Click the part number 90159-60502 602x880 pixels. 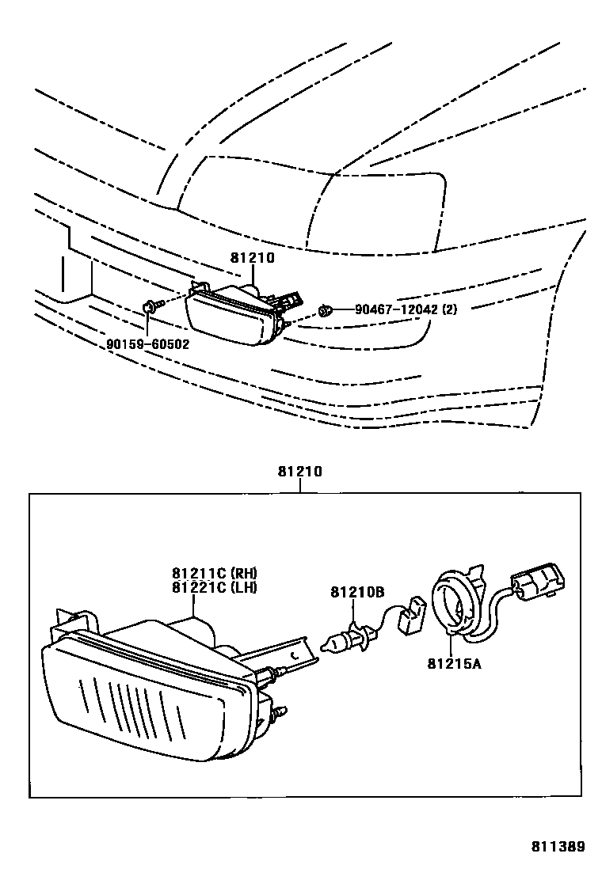point(148,344)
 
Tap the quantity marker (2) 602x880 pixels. point(449,309)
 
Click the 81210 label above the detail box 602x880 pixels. point(299,472)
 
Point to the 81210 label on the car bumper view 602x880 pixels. point(252,258)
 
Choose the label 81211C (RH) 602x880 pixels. point(215,574)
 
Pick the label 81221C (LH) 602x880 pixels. point(215,586)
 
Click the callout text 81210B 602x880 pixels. point(357,593)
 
